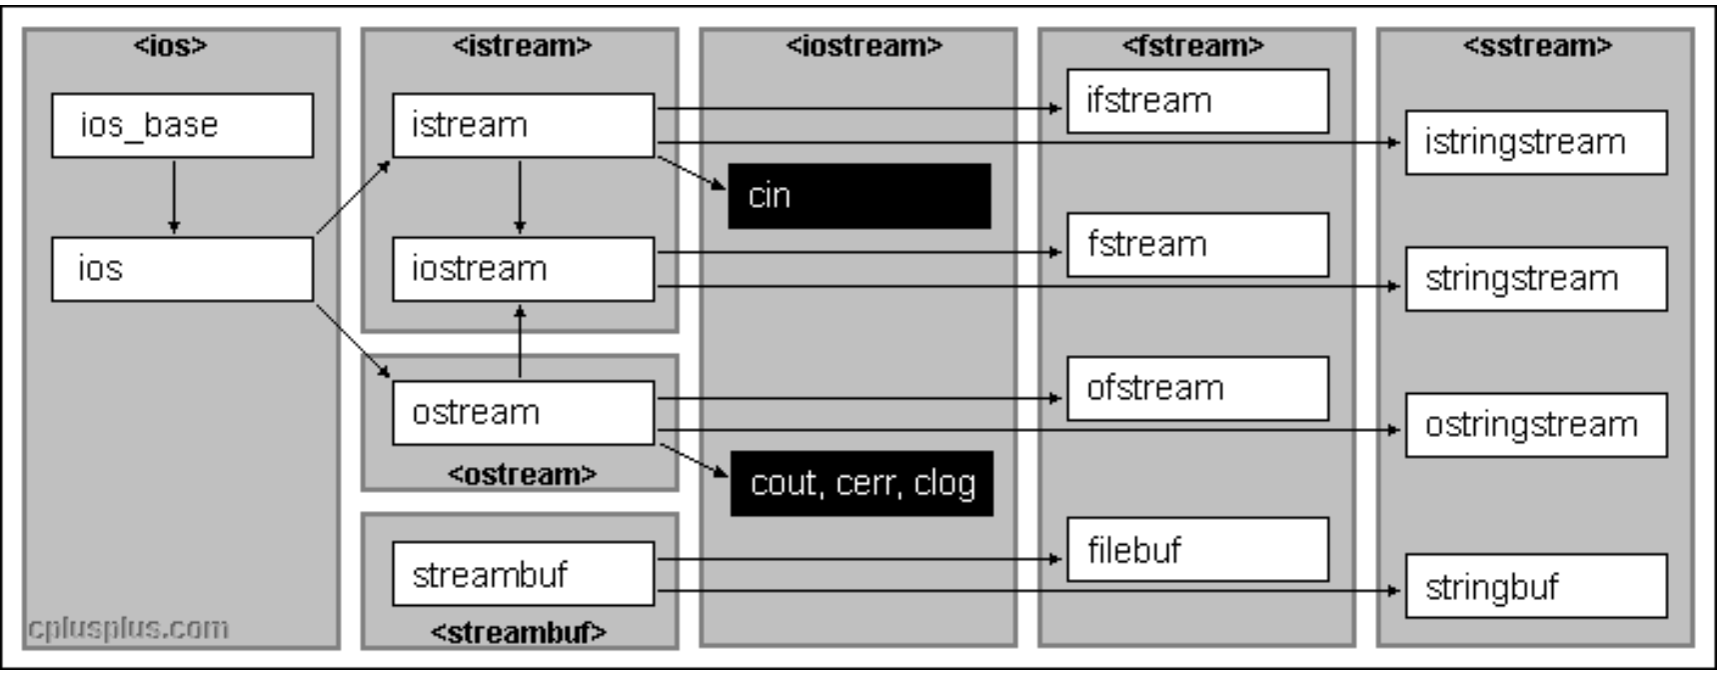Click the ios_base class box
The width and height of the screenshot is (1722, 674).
[182, 125]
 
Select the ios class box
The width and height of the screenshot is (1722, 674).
[182, 269]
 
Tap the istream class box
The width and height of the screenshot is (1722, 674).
[523, 125]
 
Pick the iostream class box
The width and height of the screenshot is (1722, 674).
[523, 269]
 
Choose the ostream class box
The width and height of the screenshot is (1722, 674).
[523, 413]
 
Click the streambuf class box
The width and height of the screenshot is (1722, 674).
[523, 574]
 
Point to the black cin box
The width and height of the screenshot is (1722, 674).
[860, 196]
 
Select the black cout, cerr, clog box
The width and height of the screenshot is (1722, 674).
[861, 484]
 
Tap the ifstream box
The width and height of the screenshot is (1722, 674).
[1197, 101]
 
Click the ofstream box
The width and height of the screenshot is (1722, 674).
[1197, 388]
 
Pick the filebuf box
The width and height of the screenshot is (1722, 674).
[1197, 550]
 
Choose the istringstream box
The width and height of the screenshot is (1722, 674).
[1536, 143]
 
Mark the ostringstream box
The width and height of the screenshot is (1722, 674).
[1536, 425]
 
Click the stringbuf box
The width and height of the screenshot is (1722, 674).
[1536, 587]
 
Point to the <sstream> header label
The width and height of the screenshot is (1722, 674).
[1537, 46]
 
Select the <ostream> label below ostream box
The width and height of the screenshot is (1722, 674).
[522, 473]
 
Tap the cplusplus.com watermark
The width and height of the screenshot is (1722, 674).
[128, 628]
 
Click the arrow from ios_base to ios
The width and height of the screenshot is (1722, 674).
[174, 197]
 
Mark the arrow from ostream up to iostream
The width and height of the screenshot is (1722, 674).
[520, 341]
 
